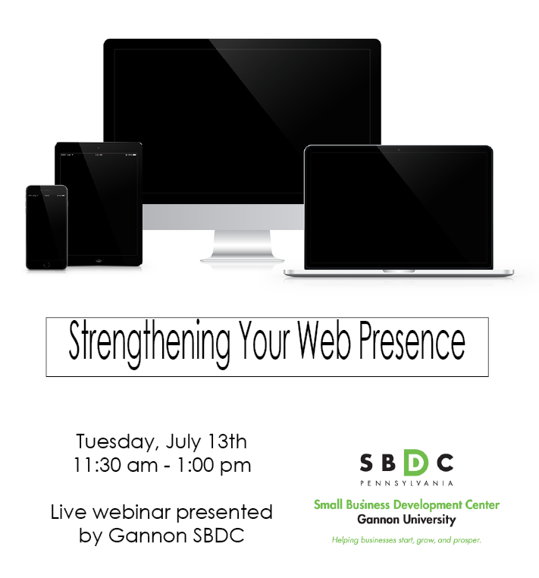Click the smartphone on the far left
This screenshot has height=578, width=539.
pos(46,228)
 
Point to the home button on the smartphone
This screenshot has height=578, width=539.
pos(46,263)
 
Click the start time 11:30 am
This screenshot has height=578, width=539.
pos(116,463)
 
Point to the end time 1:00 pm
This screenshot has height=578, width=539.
pos(215,463)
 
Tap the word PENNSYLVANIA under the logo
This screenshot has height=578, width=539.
pos(406,482)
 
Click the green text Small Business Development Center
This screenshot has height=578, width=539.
pos(406,505)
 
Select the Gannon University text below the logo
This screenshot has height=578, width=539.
pos(406,520)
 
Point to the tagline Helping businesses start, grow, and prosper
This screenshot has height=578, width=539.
pos(406,540)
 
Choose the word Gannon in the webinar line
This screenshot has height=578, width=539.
pos(142,536)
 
